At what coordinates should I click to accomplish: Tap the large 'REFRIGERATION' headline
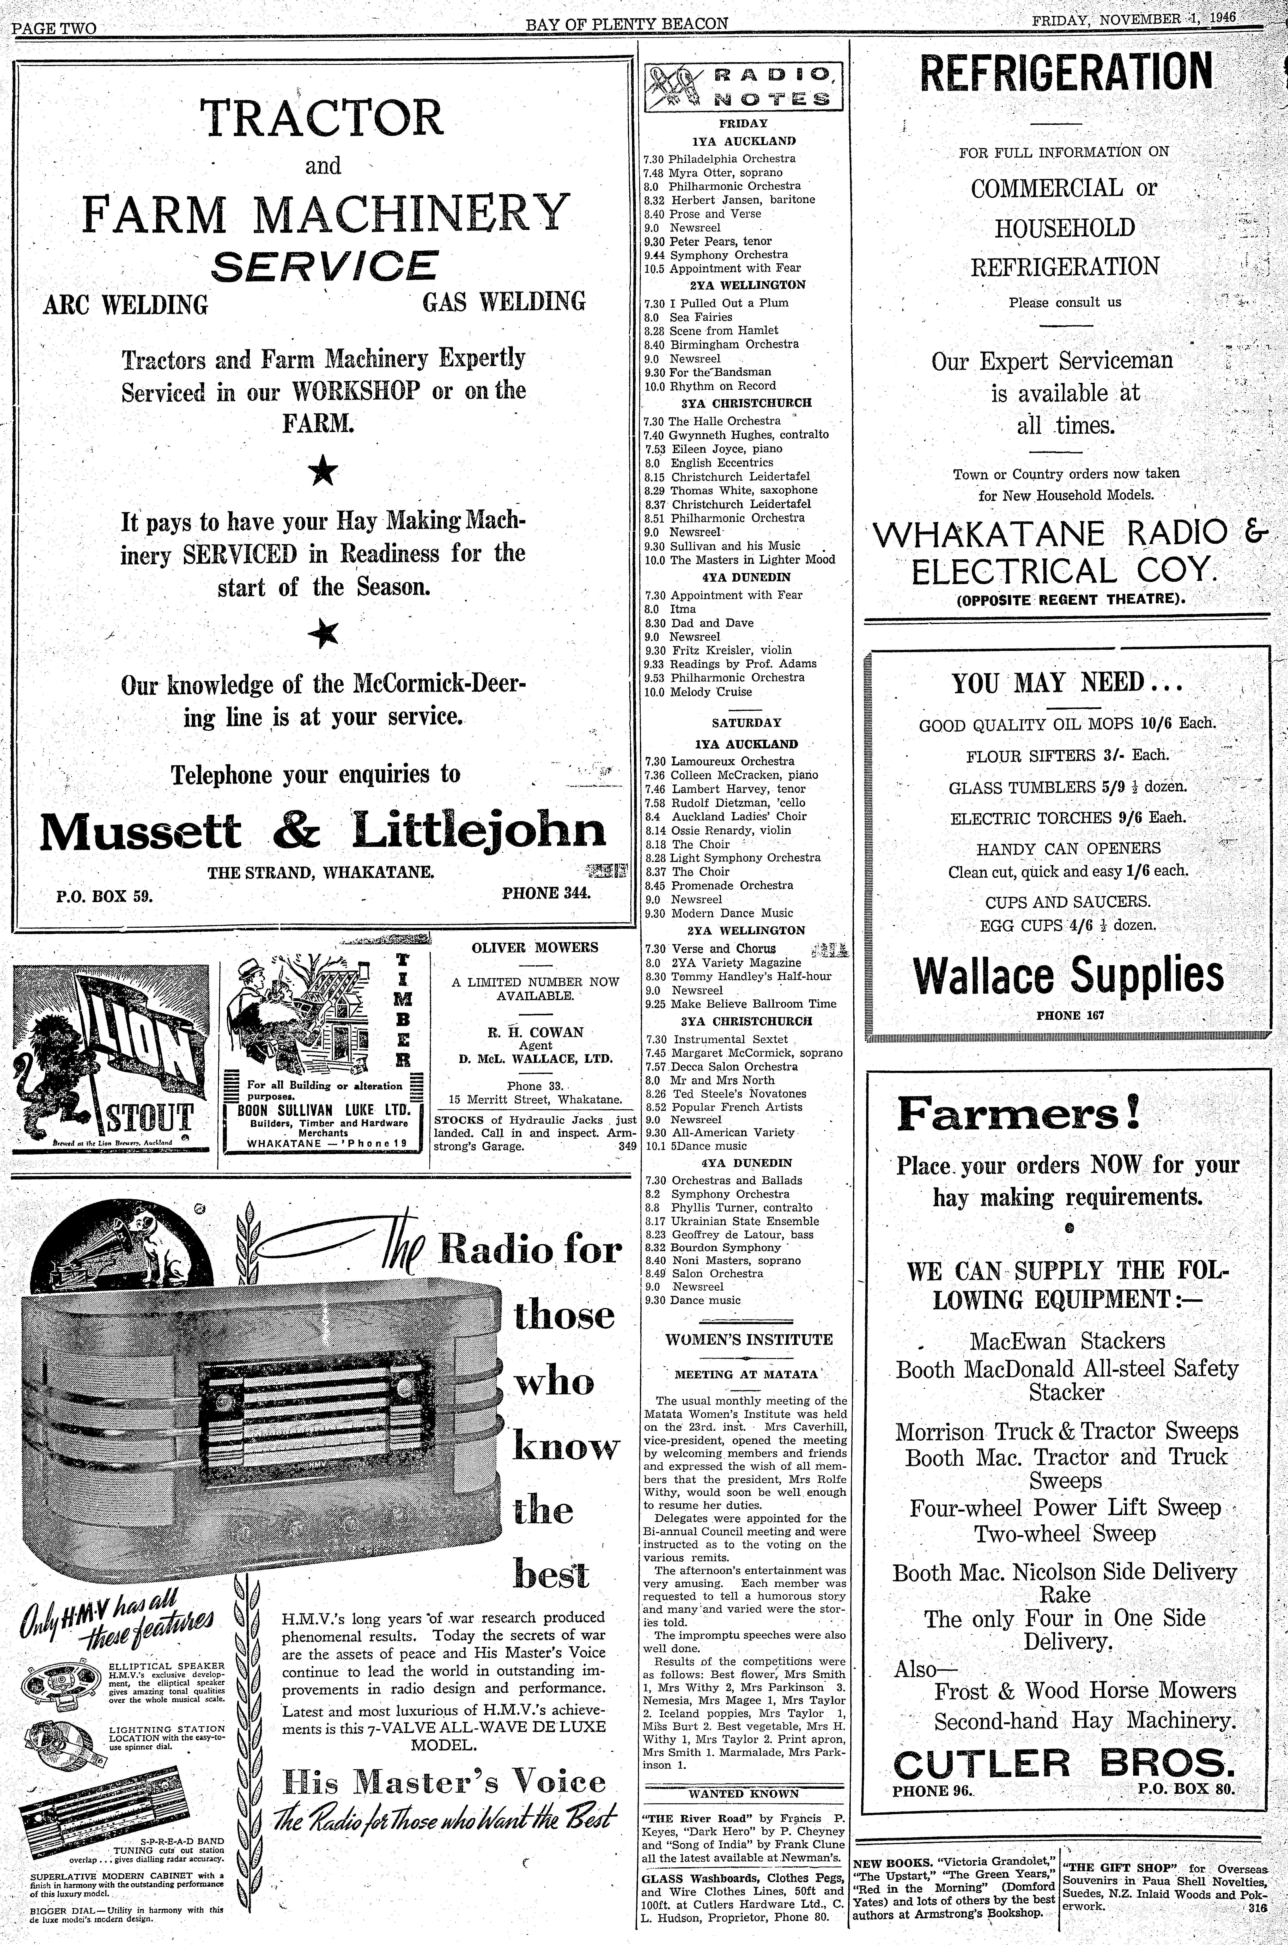point(1065,73)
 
